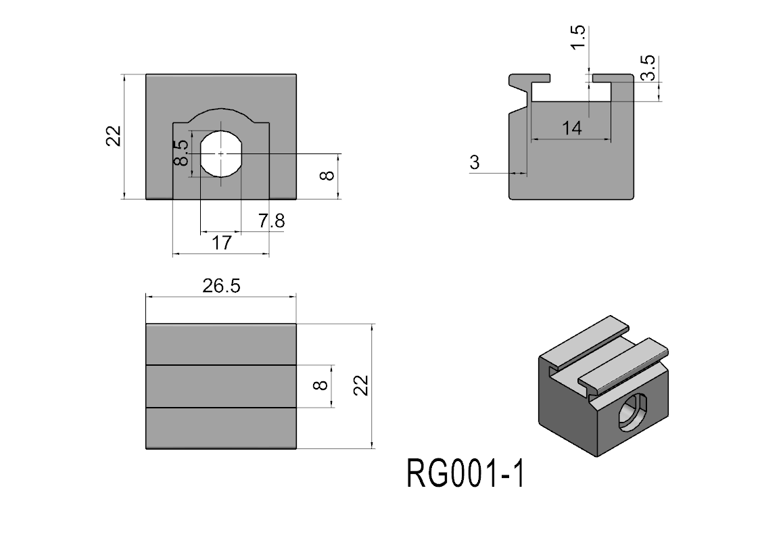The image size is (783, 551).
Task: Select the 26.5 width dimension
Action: (221, 286)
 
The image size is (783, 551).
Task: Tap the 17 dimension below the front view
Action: (221, 243)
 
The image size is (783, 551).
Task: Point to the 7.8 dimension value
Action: (271, 221)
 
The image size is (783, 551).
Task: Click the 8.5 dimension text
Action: (181, 153)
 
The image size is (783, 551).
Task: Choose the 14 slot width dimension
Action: (571, 128)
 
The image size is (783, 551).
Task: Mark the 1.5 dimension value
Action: (577, 38)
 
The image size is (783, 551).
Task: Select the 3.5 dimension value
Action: (648, 68)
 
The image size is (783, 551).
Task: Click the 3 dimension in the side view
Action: (474, 162)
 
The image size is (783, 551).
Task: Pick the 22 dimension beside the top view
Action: (362, 386)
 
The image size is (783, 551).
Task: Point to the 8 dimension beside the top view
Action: (321, 386)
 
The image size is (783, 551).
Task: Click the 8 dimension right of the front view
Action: (327, 176)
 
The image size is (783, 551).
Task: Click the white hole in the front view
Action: (221, 154)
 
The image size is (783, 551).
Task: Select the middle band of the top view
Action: (221, 386)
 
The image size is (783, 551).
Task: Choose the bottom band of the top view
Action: (221, 429)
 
